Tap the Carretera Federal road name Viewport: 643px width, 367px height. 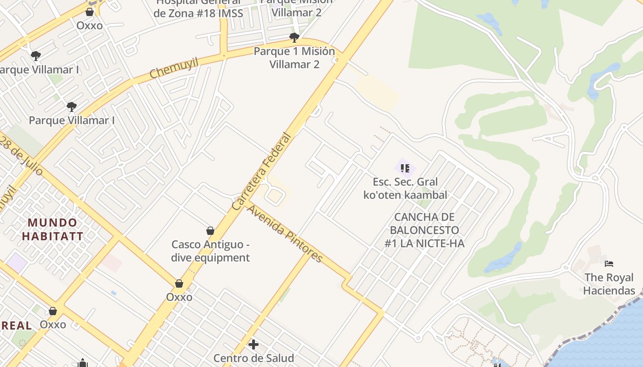click(x=262, y=172)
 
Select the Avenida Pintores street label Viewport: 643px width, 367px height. click(x=285, y=234)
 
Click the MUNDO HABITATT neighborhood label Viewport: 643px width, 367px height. click(x=53, y=230)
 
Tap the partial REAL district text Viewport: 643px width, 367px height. click(x=16, y=326)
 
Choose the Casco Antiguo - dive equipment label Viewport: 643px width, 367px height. click(x=210, y=251)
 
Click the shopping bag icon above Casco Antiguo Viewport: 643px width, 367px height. click(x=210, y=230)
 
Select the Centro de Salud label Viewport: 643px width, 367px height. click(x=254, y=358)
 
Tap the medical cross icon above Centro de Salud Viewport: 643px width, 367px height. click(x=253, y=344)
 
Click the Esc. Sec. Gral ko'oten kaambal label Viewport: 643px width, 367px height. click(x=405, y=189)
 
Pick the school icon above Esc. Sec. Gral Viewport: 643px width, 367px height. click(x=405, y=168)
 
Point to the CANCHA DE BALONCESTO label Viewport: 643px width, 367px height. click(x=424, y=230)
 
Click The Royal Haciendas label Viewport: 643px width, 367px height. click(x=609, y=284)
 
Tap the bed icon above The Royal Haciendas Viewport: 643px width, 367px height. click(x=609, y=264)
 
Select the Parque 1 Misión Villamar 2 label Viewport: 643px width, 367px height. click(x=294, y=58)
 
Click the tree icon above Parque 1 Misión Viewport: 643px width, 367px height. click(x=294, y=38)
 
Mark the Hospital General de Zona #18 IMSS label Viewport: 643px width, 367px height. click(x=198, y=8)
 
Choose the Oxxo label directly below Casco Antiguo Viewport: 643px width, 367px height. click(x=179, y=297)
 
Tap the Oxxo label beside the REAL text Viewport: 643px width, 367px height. click(x=53, y=325)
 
